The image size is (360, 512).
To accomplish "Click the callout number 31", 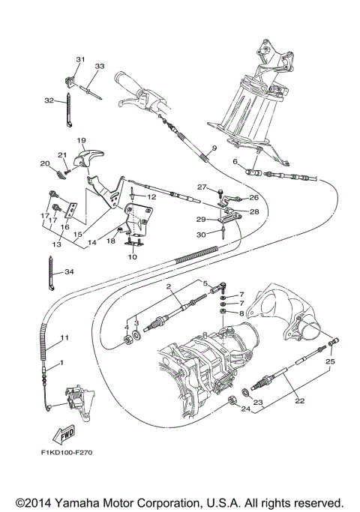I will [80, 59].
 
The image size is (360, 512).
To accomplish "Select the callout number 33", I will [98, 66].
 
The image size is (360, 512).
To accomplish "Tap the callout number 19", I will [81, 140].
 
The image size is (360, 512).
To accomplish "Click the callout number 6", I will [235, 162].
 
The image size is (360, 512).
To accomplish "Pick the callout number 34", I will [69, 271].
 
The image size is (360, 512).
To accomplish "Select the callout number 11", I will [64, 338].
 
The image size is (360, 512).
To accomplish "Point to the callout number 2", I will [169, 286].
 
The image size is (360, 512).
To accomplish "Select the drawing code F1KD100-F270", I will [68, 454].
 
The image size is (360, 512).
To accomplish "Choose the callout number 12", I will [151, 196].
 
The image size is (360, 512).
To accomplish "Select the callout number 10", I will [133, 257].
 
